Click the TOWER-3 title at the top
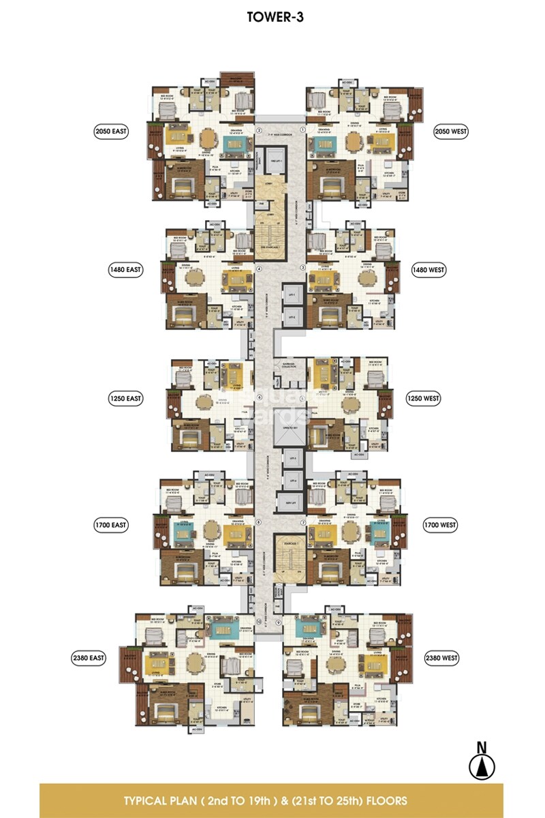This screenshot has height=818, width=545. pos(272,18)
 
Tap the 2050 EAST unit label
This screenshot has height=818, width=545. pos(112,131)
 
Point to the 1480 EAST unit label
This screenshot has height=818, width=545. pos(125,270)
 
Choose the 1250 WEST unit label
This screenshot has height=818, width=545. pos(425,397)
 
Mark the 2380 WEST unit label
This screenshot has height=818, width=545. pos(440,658)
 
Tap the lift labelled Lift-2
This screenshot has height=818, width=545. pos(292,317)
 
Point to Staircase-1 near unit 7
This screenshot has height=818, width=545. pos(289,552)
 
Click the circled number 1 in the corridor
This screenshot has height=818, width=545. pos(303,130)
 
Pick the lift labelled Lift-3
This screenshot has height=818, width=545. pos(292,458)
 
